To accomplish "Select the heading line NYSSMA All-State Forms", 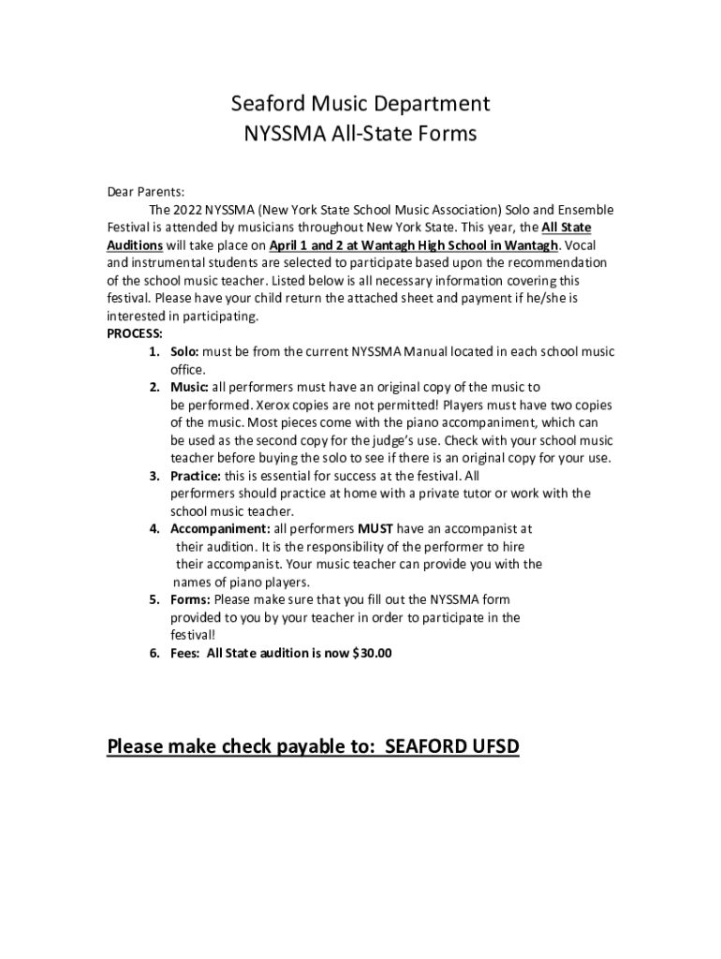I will (x=360, y=134).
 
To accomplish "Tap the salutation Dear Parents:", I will (x=145, y=192).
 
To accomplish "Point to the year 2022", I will (x=188, y=210).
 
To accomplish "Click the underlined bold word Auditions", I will (x=135, y=245).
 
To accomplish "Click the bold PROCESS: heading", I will (x=135, y=333).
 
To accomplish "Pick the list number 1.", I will (x=153, y=351).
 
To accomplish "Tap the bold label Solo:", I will (x=184, y=351).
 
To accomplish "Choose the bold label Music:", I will (x=190, y=387).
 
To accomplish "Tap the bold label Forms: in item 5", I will (x=190, y=599).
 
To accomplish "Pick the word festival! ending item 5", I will (x=193, y=635).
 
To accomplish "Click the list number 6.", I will (x=153, y=653).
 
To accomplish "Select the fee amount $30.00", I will (x=372, y=653).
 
